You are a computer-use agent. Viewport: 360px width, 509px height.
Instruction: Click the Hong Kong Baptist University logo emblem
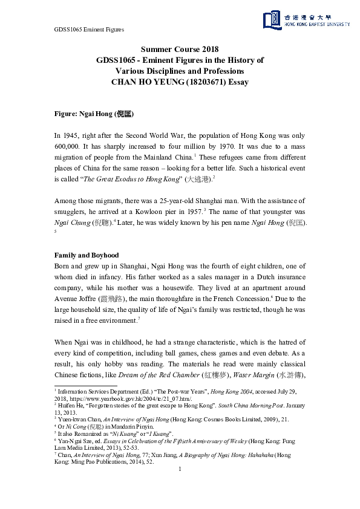click(272, 20)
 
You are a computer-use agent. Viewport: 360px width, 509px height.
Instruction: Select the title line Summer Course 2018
click(180, 50)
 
